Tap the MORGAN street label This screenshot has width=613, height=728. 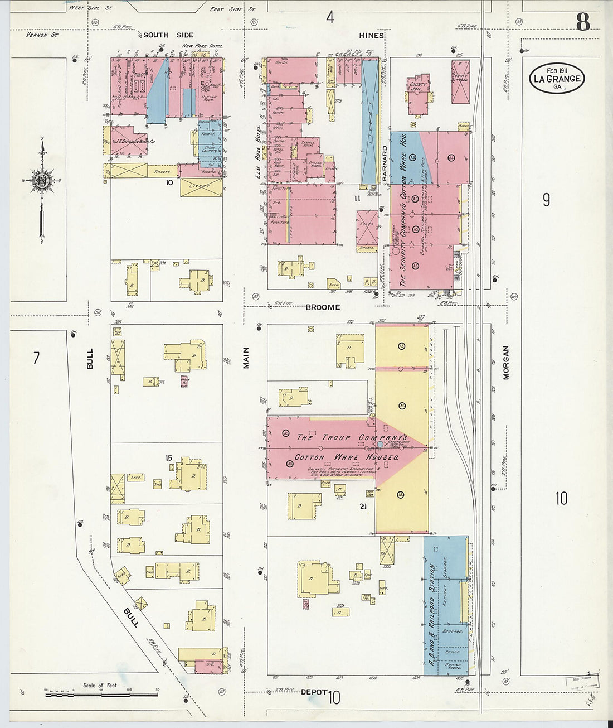click(x=506, y=363)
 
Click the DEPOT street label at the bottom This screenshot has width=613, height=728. click(x=312, y=692)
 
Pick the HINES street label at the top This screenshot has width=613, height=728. click(x=371, y=35)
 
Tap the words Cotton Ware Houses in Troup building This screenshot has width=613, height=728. click(x=346, y=457)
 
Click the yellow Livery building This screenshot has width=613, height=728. click(x=201, y=186)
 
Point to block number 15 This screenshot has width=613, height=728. click(x=168, y=458)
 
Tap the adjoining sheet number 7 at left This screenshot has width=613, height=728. click(x=36, y=358)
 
